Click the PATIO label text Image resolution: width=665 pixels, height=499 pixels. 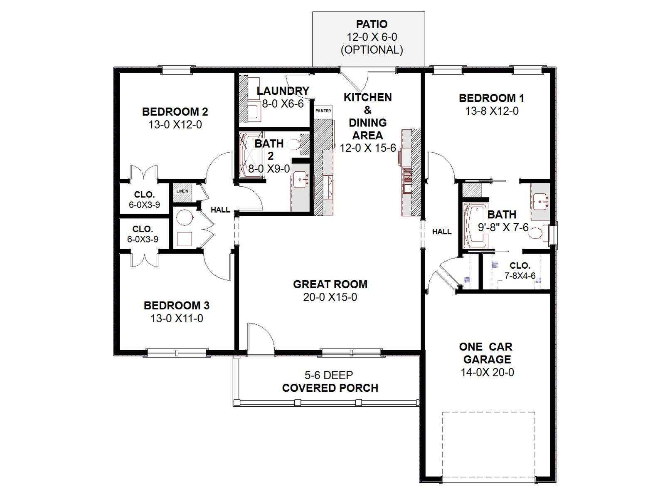tap(372, 24)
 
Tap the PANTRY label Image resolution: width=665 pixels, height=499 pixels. tap(323, 111)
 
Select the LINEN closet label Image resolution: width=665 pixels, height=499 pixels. tap(182, 191)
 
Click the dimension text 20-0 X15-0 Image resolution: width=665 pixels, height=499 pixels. tap(330, 297)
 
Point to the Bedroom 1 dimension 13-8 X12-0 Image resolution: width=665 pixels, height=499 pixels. tap(492, 111)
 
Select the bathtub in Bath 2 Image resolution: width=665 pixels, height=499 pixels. tap(251, 155)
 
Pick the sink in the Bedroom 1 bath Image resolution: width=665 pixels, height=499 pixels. tap(541, 202)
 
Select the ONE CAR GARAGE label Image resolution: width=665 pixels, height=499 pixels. tap(487, 353)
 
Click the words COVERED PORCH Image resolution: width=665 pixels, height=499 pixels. tap(330, 388)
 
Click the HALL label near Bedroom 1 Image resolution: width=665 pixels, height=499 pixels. tap(442, 232)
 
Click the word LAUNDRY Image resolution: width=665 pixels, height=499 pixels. tap(283, 91)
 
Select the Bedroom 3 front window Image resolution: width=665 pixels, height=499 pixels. tap(177, 352)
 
